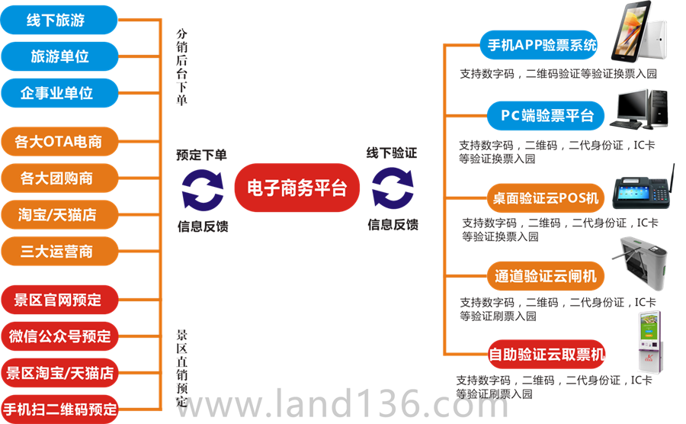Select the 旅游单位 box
tap(59, 56)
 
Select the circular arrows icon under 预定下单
tap(202, 188)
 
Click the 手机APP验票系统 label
tap(542, 45)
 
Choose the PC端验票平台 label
tap(547, 116)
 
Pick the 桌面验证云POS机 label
tap(544, 198)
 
